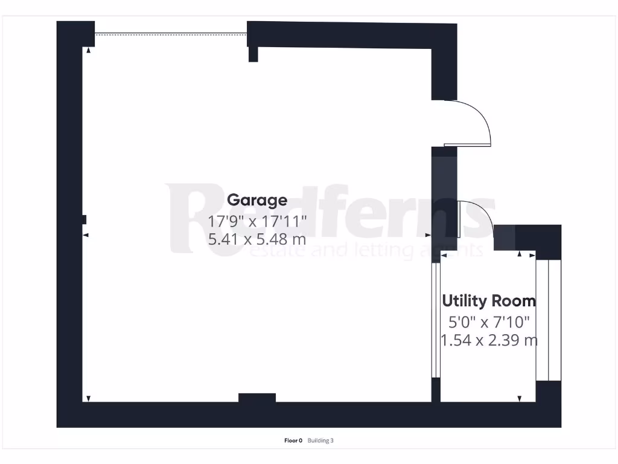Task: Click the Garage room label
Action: click(257, 200)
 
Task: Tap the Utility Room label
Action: click(489, 300)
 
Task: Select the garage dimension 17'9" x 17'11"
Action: click(258, 221)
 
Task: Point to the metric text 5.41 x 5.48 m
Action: click(257, 239)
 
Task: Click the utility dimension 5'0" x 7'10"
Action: click(489, 322)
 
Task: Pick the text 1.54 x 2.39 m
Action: click(489, 340)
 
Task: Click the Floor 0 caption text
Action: click(293, 440)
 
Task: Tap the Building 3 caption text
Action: click(320, 440)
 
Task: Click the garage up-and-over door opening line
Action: click(171, 34)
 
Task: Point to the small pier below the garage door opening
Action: click(253, 54)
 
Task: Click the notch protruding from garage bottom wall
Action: click(257, 398)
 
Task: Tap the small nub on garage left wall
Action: click(84, 219)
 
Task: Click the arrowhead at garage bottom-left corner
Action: click(88, 398)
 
